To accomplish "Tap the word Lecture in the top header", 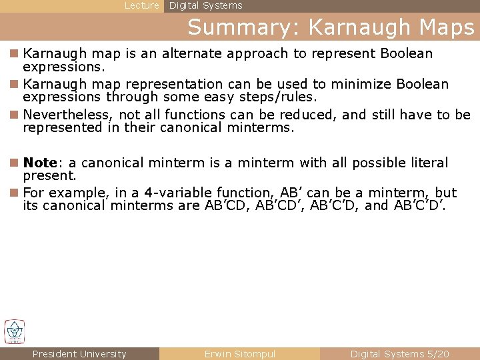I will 142,5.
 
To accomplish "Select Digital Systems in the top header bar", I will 205,5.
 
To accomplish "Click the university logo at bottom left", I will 14,331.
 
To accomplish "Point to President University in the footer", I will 79,354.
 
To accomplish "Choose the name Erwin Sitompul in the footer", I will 239,354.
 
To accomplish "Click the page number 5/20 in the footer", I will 437,354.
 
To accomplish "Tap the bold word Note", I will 40,163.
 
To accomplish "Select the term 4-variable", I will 162,193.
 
